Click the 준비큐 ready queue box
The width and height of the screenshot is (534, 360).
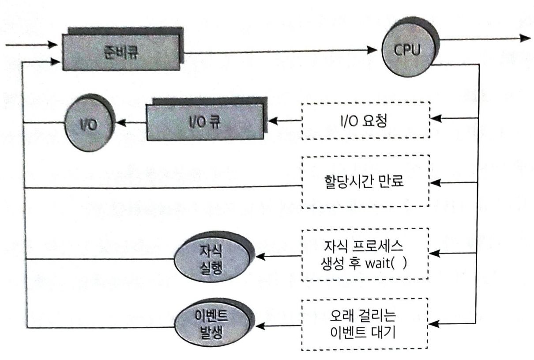coord(121,49)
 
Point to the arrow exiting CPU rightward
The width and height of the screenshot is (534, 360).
coord(485,38)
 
